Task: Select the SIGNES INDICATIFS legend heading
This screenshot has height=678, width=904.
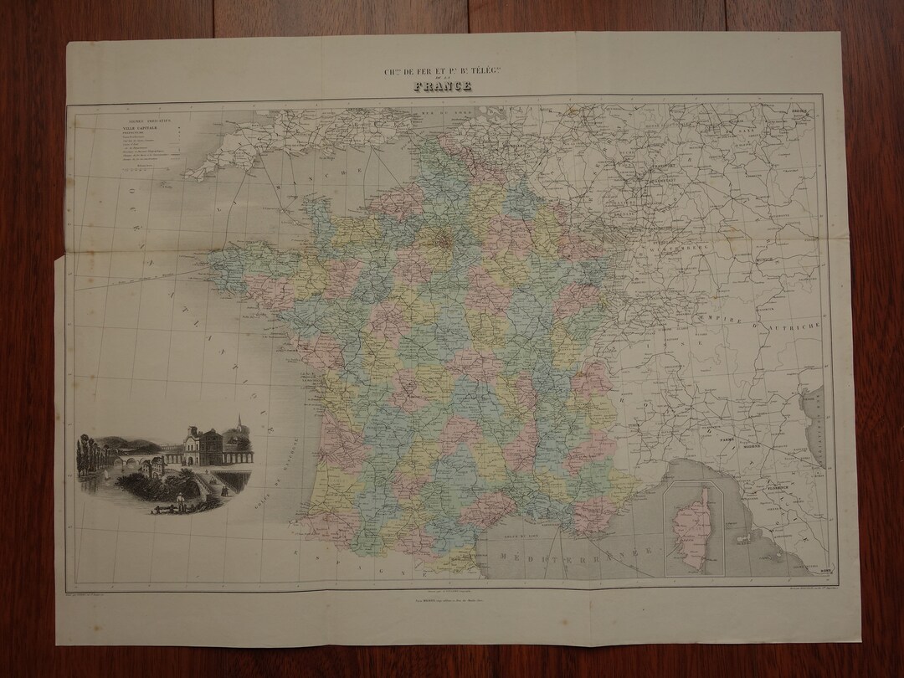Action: point(138,119)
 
